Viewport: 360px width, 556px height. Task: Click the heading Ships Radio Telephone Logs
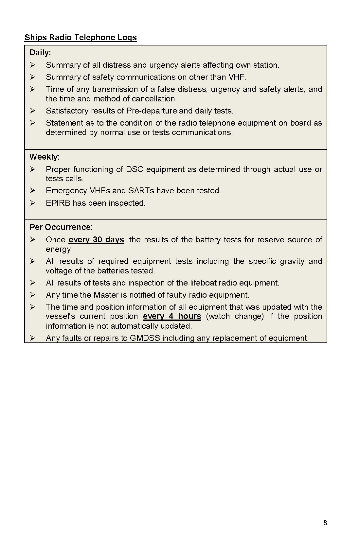click(x=81, y=38)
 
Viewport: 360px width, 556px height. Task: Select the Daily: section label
click(x=40, y=53)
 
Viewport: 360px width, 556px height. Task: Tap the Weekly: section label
click(x=45, y=157)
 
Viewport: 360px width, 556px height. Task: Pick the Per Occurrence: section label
click(x=61, y=227)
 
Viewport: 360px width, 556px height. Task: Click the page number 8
click(x=325, y=523)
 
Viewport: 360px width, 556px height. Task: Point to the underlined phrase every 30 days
click(x=96, y=240)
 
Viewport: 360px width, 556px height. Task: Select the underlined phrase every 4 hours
click(x=172, y=316)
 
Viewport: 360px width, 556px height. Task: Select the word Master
click(x=106, y=295)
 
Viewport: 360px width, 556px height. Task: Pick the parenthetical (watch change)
click(x=235, y=316)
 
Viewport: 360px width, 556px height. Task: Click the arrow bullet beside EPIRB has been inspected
click(x=32, y=203)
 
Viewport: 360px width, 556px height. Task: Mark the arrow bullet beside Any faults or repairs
click(x=32, y=338)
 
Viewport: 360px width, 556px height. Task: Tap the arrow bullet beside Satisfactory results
click(x=32, y=111)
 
